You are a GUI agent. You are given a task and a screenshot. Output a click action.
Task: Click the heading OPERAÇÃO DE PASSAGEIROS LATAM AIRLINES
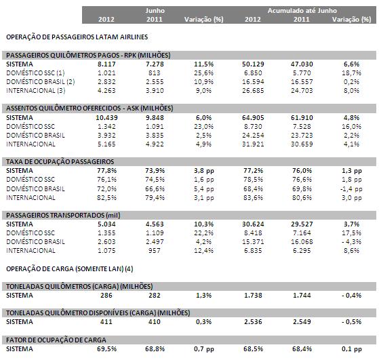[x=77, y=37]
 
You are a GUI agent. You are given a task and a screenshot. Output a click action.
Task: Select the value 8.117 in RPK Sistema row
[x=106, y=64]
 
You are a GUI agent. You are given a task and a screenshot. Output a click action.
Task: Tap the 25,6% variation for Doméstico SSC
[x=204, y=73]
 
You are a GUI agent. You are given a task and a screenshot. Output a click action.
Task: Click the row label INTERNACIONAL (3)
[x=36, y=91]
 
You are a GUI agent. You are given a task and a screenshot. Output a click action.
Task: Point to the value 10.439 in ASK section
[x=106, y=117]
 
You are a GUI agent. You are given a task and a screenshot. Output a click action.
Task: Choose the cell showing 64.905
[x=253, y=117]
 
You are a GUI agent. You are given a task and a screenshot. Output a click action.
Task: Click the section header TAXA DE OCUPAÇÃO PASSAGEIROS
[x=60, y=161]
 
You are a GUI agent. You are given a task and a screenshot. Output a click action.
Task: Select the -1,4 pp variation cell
[x=351, y=189]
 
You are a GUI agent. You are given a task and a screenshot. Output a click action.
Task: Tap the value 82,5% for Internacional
[x=106, y=197]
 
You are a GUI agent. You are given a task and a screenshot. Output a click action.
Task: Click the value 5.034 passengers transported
[x=106, y=224]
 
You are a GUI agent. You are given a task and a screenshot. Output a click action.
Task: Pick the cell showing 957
[x=155, y=250]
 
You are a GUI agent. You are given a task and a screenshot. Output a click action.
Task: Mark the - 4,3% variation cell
[x=351, y=241]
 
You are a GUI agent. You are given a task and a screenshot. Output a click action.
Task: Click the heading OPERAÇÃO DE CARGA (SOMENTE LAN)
[x=70, y=269]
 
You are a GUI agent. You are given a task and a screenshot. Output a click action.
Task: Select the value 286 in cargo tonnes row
[x=106, y=295]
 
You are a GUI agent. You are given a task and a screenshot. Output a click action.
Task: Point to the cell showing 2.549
[x=302, y=322]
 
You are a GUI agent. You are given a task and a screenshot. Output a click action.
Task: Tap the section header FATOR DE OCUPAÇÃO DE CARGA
[x=56, y=340]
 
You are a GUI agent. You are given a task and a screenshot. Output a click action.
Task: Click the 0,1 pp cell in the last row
[x=352, y=349]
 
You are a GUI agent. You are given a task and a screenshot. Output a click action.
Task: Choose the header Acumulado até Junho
[x=302, y=11]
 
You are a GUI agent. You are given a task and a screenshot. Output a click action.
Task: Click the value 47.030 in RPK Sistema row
[x=302, y=64]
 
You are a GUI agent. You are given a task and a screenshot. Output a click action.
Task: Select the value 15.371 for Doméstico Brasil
[x=253, y=241]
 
